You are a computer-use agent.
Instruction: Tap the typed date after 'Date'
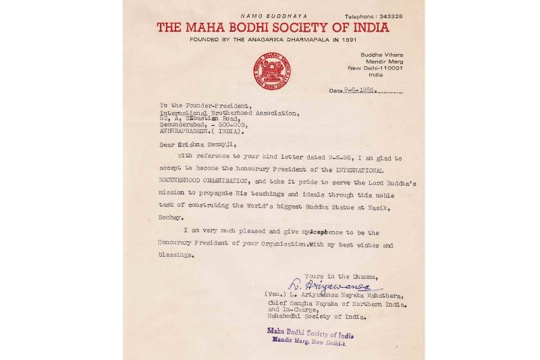(x=359, y=90)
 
